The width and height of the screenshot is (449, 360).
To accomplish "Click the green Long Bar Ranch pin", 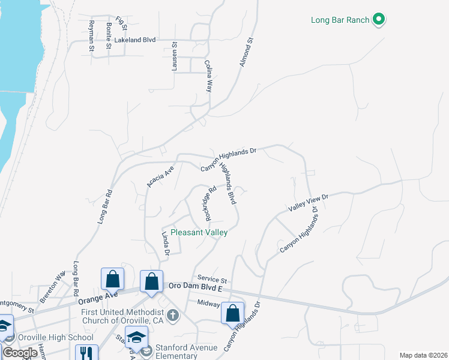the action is pos(378,19).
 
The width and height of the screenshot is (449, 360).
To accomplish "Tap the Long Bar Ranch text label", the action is pos(340,20).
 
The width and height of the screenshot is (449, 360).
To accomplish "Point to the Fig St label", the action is pos(122,24).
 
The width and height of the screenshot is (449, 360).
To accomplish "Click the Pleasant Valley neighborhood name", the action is pos(199,232).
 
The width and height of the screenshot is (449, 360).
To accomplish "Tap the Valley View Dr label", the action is pos(309,202).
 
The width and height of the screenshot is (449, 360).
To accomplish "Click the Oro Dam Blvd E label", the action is pos(195,289).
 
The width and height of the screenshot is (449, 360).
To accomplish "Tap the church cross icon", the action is pos(173,315).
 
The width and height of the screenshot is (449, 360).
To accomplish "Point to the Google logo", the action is pos(19,352).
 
